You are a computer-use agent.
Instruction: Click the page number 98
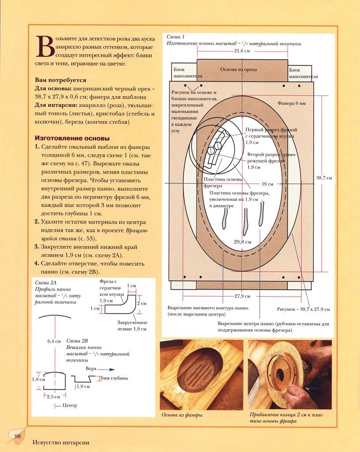point(18,436)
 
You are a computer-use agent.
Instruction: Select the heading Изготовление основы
point(72,138)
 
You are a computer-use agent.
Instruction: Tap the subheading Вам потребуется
point(61,80)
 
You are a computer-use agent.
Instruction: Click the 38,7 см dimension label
point(324,178)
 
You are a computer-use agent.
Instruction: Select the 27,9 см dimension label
point(242,296)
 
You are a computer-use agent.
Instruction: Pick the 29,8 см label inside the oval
point(243,242)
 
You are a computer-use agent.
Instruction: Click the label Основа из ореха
point(239,69)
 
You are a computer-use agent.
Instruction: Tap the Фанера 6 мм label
point(292,103)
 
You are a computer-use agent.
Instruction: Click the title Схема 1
point(175,37)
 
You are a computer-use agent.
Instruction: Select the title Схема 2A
point(45,282)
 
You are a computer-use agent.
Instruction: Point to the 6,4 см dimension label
point(54,341)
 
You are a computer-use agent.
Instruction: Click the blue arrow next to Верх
point(108,369)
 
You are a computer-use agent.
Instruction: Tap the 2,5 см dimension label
point(53,397)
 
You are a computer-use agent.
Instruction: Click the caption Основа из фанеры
point(182,415)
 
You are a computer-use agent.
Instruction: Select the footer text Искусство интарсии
point(61,442)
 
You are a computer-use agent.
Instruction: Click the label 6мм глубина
point(114,378)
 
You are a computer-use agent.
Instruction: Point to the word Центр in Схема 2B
point(70,405)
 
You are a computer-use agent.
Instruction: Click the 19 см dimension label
point(267,184)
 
